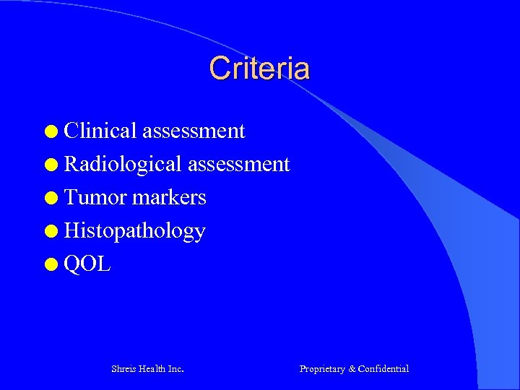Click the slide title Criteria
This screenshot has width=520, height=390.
click(x=259, y=69)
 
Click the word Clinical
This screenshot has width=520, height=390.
click(x=100, y=131)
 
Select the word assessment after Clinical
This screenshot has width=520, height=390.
click(x=194, y=131)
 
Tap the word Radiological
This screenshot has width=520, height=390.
click(x=123, y=164)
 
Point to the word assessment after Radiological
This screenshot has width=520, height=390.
click(x=238, y=164)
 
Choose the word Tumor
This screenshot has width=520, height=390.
click(x=95, y=197)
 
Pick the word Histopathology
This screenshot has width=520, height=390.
click(x=135, y=231)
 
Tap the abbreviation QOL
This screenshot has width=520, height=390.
click(x=87, y=264)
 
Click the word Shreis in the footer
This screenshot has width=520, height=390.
click(x=123, y=369)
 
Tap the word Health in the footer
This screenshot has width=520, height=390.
click(x=152, y=369)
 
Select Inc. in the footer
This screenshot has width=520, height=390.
click(x=175, y=369)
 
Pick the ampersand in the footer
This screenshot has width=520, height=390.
click(x=352, y=369)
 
